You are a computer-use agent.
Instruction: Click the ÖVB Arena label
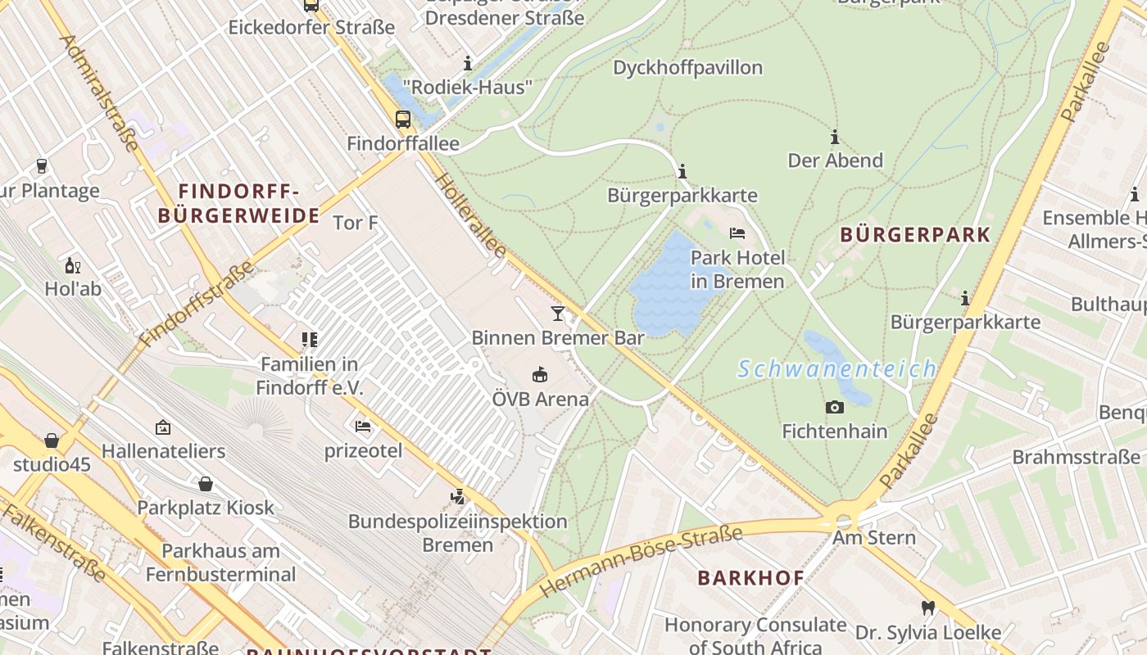pyautogui.click(x=540, y=399)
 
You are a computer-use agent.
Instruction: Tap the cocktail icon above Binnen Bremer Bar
pyautogui.click(x=558, y=313)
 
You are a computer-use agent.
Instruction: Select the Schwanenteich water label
pyautogui.click(x=836, y=369)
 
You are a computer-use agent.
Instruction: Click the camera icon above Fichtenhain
pyautogui.click(x=834, y=407)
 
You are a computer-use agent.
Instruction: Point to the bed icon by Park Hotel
pyautogui.click(x=737, y=233)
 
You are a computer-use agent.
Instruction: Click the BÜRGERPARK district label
pyautogui.click(x=915, y=235)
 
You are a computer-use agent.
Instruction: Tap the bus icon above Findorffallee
pyautogui.click(x=403, y=120)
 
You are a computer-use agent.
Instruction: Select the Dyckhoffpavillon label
pyautogui.click(x=687, y=67)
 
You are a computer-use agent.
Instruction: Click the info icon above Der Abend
pyautogui.click(x=835, y=137)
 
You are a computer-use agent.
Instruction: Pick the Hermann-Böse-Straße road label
pyautogui.click(x=641, y=562)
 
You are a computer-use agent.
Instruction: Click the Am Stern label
pyautogui.click(x=873, y=538)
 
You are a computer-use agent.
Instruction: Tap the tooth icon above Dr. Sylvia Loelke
pyautogui.click(x=927, y=608)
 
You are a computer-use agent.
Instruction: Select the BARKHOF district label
pyautogui.click(x=750, y=578)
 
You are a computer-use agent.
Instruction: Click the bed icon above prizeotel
pyautogui.click(x=363, y=427)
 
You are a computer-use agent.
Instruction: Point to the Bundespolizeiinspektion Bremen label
pyautogui.click(x=457, y=532)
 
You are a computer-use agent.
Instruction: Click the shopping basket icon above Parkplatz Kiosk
pyautogui.click(x=205, y=484)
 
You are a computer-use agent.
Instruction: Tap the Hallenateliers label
pyautogui.click(x=163, y=451)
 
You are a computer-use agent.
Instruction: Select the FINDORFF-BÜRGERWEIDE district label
pyautogui.click(x=238, y=204)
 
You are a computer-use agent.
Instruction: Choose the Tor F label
pyautogui.click(x=355, y=222)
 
